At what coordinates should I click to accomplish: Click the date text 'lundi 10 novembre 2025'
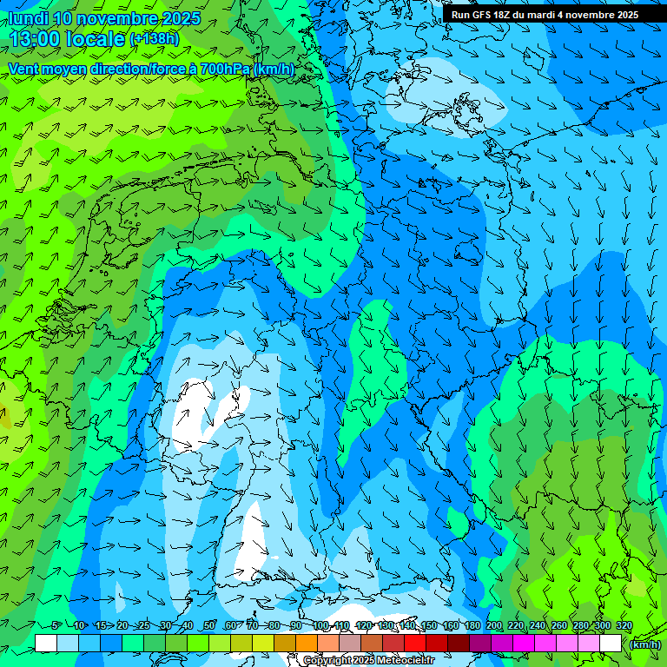(x=104, y=17)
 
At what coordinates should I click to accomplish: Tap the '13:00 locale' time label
(x=68, y=38)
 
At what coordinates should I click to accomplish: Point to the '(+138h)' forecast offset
(x=154, y=38)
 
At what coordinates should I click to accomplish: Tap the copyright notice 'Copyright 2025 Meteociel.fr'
(x=368, y=661)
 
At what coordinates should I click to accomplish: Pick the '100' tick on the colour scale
(x=320, y=626)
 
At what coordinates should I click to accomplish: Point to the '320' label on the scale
(x=624, y=626)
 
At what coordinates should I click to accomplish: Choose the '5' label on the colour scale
(x=56, y=626)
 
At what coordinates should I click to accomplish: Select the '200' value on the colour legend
(x=494, y=626)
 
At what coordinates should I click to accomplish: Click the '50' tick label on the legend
(x=209, y=626)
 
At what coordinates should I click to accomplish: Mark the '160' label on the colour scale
(x=450, y=626)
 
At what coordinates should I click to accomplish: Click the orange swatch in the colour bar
(x=307, y=643)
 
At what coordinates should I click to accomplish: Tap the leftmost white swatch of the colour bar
(x=46, y=643)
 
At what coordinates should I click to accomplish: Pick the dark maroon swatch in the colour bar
(x=459, y=643)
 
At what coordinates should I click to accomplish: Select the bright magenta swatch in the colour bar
(x=524, y=643)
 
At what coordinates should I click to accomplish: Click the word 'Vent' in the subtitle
(x=24, y=69)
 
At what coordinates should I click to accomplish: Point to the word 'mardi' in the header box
(x=547, y=15)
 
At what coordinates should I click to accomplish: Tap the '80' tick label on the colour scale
(x=274, y=626)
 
